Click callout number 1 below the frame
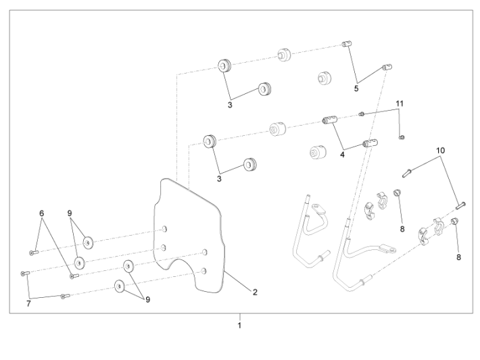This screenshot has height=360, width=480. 239,326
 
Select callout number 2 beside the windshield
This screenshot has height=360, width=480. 255,292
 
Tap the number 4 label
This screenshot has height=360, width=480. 343,154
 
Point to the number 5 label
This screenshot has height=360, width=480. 356,88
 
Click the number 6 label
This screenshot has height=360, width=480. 42,213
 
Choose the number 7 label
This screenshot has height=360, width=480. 28,304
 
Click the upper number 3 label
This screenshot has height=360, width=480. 230,105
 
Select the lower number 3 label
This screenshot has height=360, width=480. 218,179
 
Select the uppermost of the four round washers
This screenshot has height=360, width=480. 87,240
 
